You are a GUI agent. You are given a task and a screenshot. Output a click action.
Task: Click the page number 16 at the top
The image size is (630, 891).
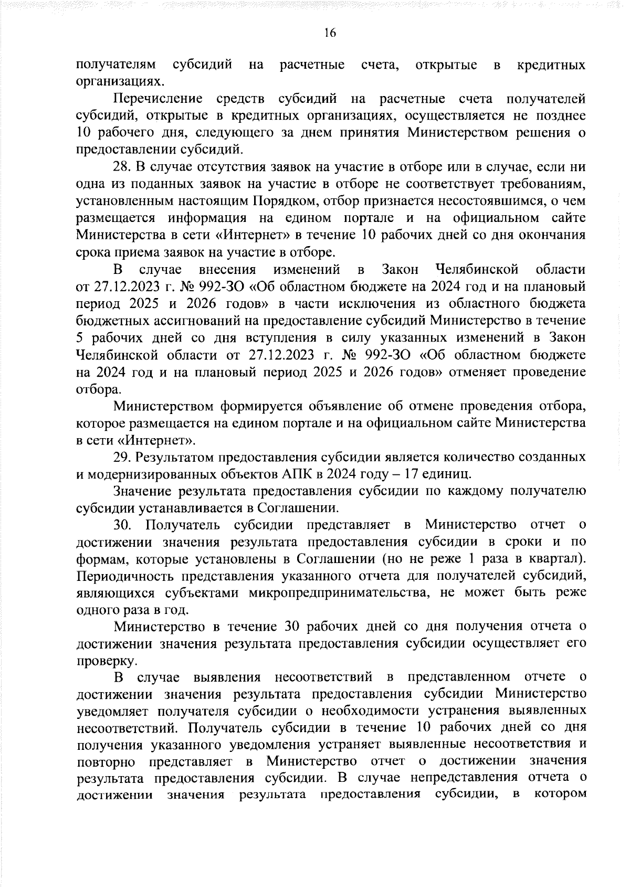pyautogui.click(x=330, y=33)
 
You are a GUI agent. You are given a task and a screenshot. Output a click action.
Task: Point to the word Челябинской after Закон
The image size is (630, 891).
pyautogui.click(x=477, y=270)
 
